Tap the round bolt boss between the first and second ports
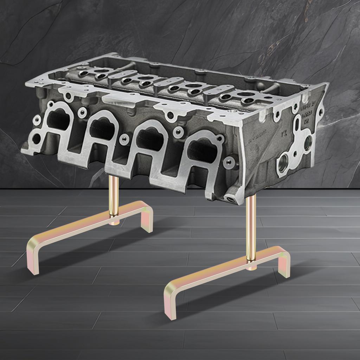[x=83, y=112]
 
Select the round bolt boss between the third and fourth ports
[x=178, y=132]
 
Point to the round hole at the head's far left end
[x=36, y=139]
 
